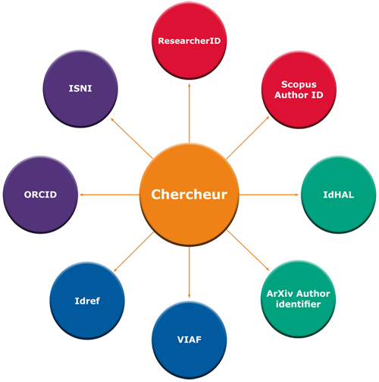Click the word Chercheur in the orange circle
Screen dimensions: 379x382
click(x=189, y=194)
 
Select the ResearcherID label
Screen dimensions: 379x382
click(x=189, y=41)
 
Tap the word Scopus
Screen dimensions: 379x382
click(x=299, y=84)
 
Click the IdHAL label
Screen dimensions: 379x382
click(x=339, y=194)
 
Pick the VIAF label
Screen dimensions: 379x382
click(x=189, y=339)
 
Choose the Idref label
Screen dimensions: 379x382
click(x=87, y=301)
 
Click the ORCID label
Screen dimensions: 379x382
click(x=40, y=194)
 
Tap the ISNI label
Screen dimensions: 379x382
click(x=80, y=88)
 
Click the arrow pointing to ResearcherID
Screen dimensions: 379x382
click(x=189, y=113)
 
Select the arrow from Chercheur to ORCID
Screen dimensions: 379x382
click(x=109, y=194)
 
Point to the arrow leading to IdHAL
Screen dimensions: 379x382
click(x=269, y=194)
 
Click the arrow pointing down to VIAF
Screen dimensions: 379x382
click(x=189, y=272)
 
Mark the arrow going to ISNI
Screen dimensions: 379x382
click(x=132, y=138)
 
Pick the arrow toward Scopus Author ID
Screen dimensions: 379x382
click(x=248, y=137)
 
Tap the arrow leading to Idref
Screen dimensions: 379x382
click(x=133, y=252)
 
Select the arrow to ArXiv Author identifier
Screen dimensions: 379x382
click(x=248, y=251)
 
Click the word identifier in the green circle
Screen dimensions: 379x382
click(x=298, y=304)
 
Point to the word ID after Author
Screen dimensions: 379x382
click(x=318, y=95)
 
